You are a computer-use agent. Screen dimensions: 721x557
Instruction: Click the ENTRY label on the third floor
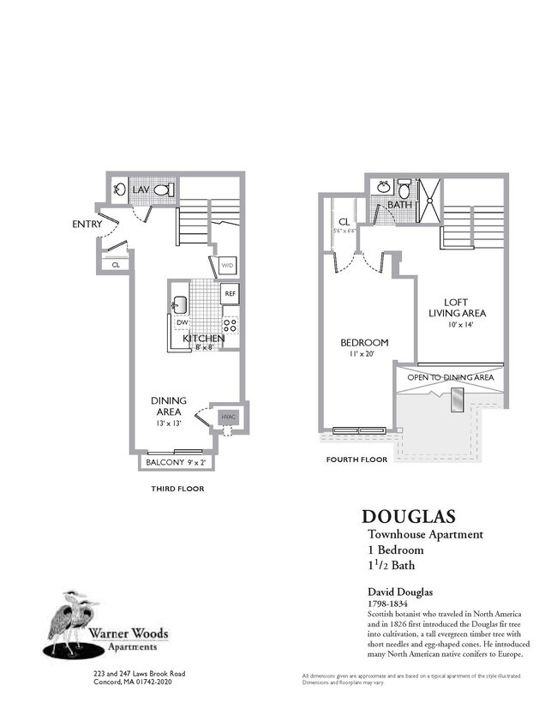pos(88,225)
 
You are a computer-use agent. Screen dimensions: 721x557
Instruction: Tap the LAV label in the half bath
pos(141,189)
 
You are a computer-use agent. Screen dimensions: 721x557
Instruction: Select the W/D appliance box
pos(227,266)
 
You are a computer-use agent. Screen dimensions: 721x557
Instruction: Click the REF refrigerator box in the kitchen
pos(230,294)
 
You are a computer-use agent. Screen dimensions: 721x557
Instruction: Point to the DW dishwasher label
pos(181,323)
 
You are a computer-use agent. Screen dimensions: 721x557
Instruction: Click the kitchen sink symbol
pos(180,303)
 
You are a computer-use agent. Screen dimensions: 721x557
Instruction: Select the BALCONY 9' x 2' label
pos(175,463)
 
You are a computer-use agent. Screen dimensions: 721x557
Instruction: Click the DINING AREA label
pos(168,406)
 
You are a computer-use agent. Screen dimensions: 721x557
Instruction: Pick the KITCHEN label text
pos(204,339)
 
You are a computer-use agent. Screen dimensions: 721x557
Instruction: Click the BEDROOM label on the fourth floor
pos(364,343)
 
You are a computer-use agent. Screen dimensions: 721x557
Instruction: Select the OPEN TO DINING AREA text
pos(451,377)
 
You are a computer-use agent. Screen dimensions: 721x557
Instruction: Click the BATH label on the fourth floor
pos(400,206)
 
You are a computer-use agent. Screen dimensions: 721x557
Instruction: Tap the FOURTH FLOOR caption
pos(356,460)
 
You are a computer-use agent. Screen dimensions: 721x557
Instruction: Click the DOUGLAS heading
pos(408,517)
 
